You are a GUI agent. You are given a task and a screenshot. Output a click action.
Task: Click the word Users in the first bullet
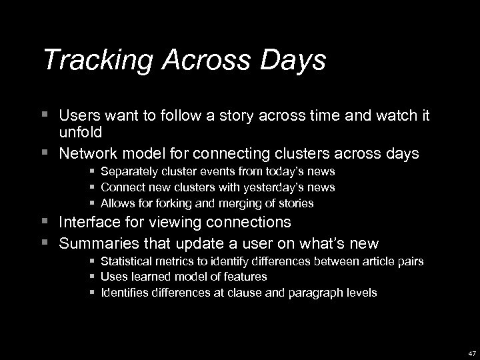pyautogui.click(x=77, y=117)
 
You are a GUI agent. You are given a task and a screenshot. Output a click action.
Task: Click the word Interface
pyautogui.click(x=87, y=221)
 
